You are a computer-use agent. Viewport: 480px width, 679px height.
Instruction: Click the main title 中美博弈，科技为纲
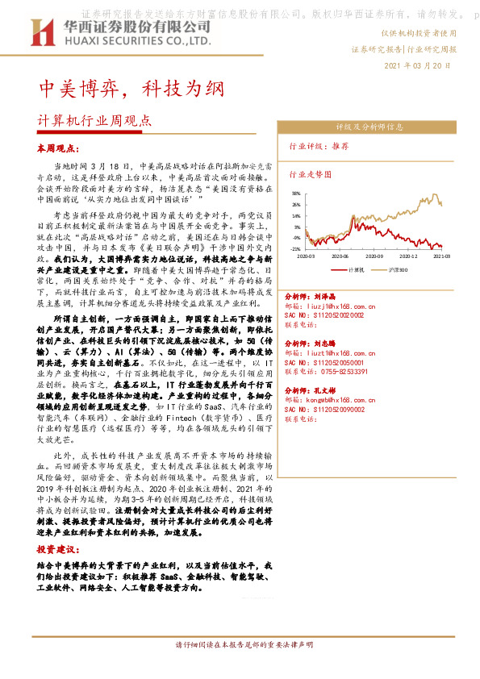click(127, 87)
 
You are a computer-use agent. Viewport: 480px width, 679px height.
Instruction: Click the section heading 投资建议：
click(56, 548)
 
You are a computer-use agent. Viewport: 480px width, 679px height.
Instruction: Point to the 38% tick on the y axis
click(296, 194)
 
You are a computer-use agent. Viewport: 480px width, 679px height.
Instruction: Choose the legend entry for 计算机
click(356, 269)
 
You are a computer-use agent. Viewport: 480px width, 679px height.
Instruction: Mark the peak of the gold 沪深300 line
click(436, 194)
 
